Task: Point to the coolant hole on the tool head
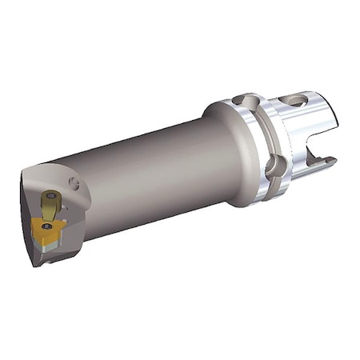tap(74, 185)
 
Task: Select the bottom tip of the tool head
tap(37, 262)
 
